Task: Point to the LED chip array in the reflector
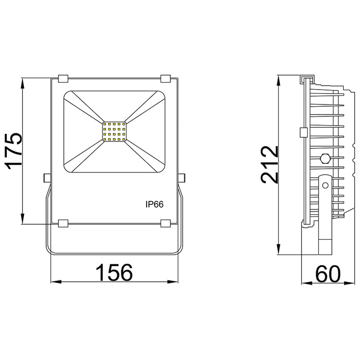(x=114, y=131)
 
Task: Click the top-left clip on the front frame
(x=63, y=79)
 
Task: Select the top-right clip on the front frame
(x=166, y=79)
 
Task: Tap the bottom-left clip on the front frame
(x=63, y=223)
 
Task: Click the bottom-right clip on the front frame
(x=166, y=223)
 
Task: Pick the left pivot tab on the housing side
(x=47, y=178)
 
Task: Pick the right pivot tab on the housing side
(x=182, y=178)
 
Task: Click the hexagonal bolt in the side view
(x=325, y=159)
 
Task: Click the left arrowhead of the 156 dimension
(x=53, y=283)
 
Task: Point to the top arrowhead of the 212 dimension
(x=280, y=77)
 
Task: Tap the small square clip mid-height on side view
(x=303, y=132)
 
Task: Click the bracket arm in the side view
(x=325, y=211)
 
